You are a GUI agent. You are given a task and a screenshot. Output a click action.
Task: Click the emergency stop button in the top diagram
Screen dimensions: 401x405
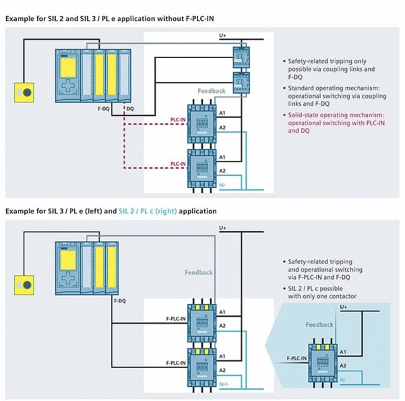point(24,92)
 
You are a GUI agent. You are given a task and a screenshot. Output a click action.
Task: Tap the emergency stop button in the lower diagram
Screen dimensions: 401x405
point(24,285)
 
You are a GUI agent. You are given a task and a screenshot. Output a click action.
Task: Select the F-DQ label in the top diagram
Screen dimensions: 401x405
point(104,109)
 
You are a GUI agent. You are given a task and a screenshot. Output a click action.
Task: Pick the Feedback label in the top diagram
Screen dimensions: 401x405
point(212,91)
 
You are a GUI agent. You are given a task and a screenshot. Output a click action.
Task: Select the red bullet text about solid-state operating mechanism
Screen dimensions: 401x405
point(336,122)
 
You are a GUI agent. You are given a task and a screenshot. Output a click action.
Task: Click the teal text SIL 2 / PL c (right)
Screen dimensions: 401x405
point(147,211)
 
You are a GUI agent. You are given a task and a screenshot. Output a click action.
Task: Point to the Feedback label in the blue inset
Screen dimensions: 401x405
point(319,325)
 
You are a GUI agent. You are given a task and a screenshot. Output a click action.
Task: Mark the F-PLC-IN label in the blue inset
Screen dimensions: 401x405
point(296,358)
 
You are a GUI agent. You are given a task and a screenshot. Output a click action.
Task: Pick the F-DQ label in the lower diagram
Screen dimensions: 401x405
point(120,301)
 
